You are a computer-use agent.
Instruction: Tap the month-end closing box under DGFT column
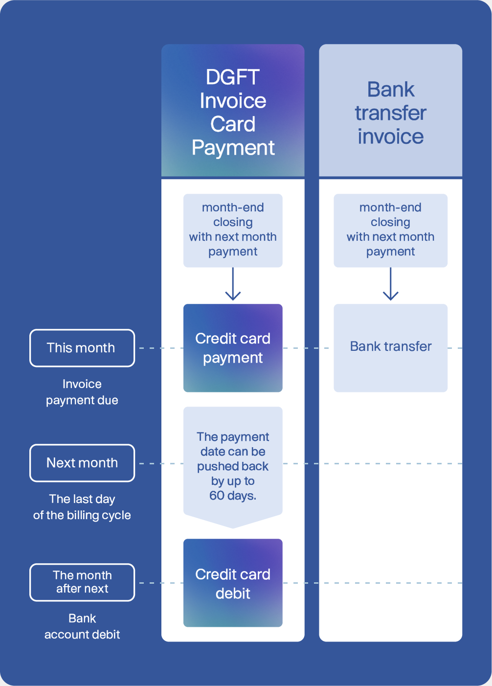coord(233,230)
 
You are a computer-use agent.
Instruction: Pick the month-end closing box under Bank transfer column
coord(390,230)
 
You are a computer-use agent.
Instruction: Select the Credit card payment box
coord(233,348)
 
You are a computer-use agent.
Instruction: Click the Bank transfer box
coord(390,347)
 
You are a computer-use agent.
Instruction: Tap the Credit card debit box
coord(233,583)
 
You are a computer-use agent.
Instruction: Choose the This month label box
coord(82,348)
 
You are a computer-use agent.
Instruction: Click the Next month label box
coord(82,463)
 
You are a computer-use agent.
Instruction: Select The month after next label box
coord(82,582)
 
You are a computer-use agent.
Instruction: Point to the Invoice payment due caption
coord(82,392)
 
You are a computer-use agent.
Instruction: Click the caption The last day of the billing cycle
coord(82,507)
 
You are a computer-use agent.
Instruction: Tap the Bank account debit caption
coord(82,626)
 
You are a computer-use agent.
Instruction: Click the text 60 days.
coord(233,496)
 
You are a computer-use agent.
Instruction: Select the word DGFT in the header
coord(233,77)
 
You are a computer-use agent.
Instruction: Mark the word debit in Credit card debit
coord(233,594)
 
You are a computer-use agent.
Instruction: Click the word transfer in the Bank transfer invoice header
coord(390,113)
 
